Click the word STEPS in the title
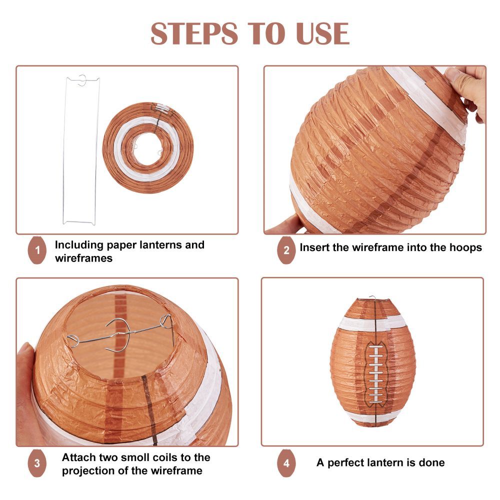194,33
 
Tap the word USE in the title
322,33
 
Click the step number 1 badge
37,250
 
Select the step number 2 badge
286,250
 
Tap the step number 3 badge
37,463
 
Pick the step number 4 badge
286,463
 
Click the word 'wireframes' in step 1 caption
83,258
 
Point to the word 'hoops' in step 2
465,248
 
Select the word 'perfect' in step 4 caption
345,463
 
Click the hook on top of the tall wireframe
82,80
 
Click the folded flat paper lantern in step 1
148,148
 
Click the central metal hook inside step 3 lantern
118,335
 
